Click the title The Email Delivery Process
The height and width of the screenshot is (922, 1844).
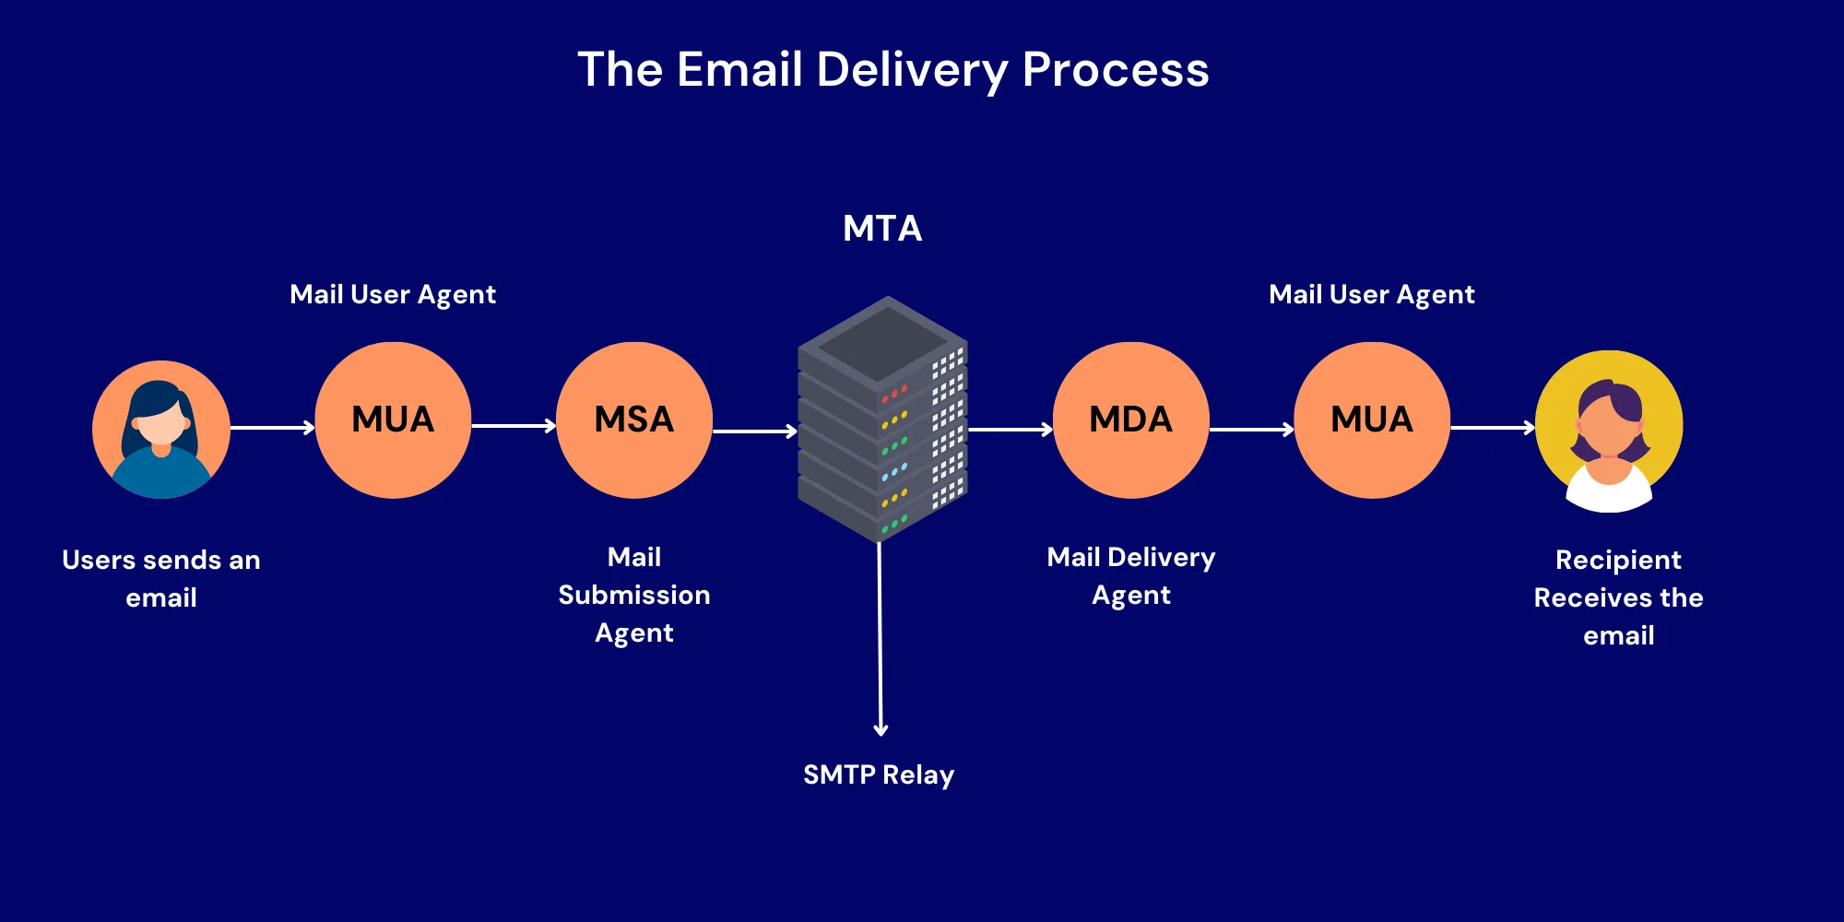tap(892, 70)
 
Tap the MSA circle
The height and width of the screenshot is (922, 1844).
tap(634, 420)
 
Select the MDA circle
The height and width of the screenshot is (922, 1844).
tap(1130, 420)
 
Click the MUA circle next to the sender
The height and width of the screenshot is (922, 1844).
tap(393, 420)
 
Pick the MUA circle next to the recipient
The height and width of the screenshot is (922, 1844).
tap(1372, 420)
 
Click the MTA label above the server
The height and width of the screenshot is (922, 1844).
tap(882, 229)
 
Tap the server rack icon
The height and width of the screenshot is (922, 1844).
tap(882, 420)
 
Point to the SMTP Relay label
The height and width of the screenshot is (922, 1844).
tap(879, 774)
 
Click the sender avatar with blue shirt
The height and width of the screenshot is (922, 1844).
tap(161, 430)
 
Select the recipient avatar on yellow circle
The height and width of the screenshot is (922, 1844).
tap(1609, 430)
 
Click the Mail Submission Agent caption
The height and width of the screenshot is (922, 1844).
tap(634, 595)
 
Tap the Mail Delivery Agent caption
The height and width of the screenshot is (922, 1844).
tap(1131, 575)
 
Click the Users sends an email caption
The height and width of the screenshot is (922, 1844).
tap(161, 578)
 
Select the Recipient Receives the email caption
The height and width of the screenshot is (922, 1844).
tap(1618, 597)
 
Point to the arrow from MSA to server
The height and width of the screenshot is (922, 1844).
tap(754, 431)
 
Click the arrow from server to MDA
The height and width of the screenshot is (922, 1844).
tap(1010, 429)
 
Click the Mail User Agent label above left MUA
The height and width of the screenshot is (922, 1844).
tap(393, 294)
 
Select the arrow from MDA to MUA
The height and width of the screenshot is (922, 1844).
tap(1251, 429)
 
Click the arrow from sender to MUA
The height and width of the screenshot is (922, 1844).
tap(272, 427)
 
